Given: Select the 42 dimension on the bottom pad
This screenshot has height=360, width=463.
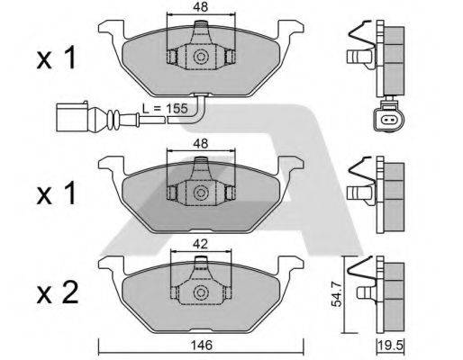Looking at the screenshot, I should click(200, 242).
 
